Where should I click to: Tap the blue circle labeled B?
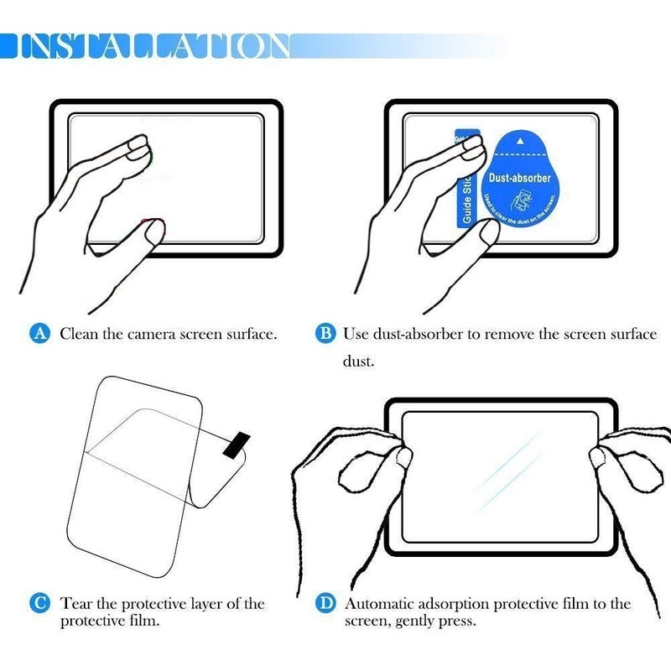click(326, 334)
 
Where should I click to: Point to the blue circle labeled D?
click(326, 602)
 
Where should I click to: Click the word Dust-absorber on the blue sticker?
click(519, 179)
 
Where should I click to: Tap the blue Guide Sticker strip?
click(467, 180)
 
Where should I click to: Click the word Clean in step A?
click(80, 334)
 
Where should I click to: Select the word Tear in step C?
click(76, 603)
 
